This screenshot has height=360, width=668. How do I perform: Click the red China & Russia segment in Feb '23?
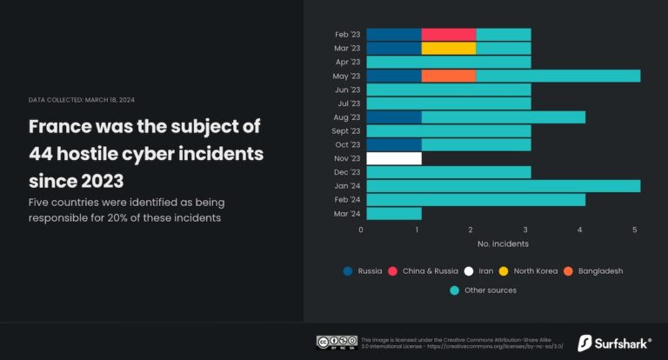click(x=449, y=35)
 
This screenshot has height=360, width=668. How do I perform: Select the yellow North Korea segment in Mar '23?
click(x=449, y=49)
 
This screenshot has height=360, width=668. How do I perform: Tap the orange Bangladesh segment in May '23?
click(x=449, y=77)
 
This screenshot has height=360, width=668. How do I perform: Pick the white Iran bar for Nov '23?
click(x=394, y=158)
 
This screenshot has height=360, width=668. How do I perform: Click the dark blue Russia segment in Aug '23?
click(x=394, y=117)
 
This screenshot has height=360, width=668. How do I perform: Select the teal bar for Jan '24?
click(x=503, y=186)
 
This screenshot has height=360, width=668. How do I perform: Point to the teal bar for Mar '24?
click(x=394, y=213)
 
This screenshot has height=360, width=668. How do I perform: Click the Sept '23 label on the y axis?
click(x=346, y=131)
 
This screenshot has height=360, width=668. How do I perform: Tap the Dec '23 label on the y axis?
click(x=347, y=172)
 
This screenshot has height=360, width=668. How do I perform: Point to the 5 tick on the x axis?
click(x=636, y=230)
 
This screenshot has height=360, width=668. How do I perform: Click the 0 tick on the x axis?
click(x=361, y=230)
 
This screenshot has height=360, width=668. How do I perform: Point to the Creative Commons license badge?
click(x=337, y=342)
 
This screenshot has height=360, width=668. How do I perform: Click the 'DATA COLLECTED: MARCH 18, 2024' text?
click(x=82, y=100)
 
